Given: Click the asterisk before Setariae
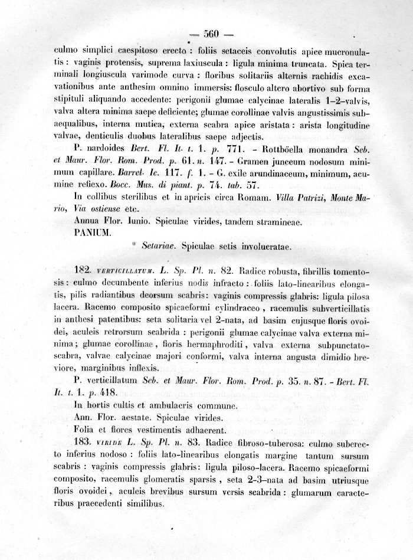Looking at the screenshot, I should coord(135,247).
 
